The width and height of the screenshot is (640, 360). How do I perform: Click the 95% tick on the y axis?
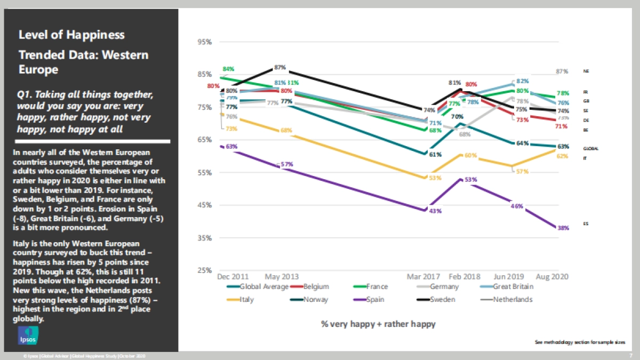pyautogui.click(x=204, y=42)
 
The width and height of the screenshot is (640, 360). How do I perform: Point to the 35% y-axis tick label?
pyautogui.click(x=204, y=238)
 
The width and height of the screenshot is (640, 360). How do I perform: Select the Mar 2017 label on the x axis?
pyautogui.click(x=425, y=277)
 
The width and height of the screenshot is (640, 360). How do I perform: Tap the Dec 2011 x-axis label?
pyautogui.click(x=233, y=277)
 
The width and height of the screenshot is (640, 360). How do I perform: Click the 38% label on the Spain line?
pyautogui.click(x=563, y=228)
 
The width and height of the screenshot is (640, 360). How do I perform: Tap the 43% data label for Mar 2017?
pyautogui.click(x=436, y=212)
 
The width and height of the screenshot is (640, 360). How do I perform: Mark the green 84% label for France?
pyautogui.click(x=229, y=69)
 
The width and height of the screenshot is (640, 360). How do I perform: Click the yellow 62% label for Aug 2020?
pyautogui.click(x=563, y=156)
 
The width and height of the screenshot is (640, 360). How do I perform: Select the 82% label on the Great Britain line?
pyautogui.click(x=523, y=81)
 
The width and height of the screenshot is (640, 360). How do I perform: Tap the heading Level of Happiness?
pyautogui.click(x=71, y=35)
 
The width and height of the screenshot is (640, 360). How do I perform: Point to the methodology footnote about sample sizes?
pyautogui.click(x=580, y=342)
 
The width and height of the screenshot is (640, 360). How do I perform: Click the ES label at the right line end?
pyautogui.click(x=586, y=224)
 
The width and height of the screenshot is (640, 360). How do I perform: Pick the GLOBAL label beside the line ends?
pyautogui.click(x=590, y=149)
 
